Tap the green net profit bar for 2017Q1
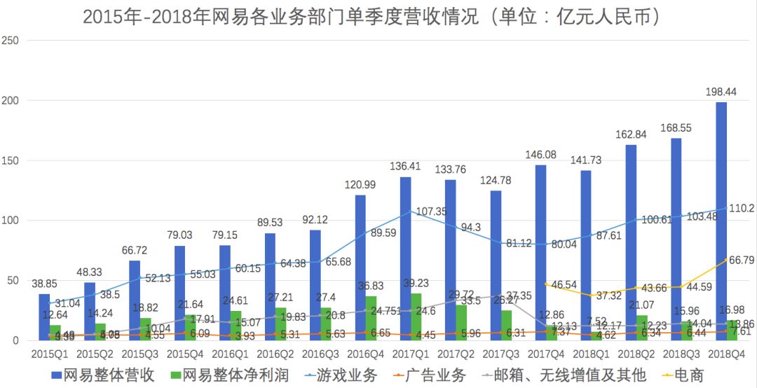[416, 317]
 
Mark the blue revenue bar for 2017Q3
[496, 265]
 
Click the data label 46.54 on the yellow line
[560, 285]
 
